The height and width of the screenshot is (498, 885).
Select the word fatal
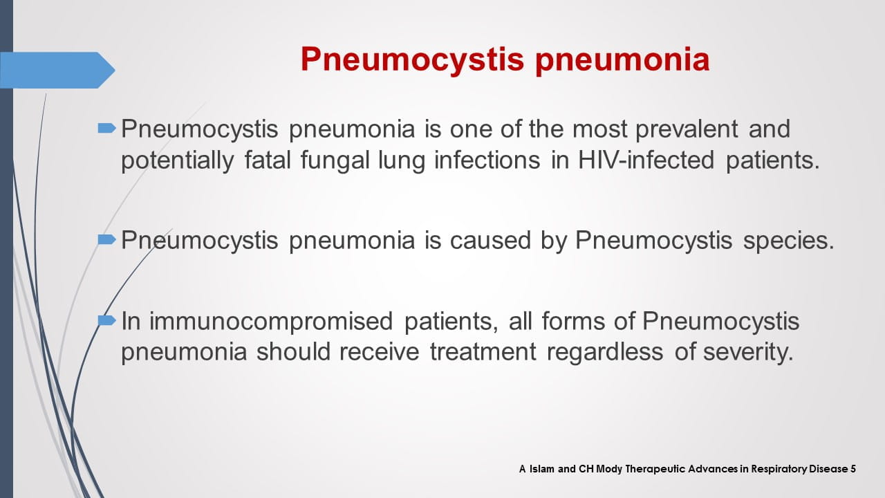coord(266,160)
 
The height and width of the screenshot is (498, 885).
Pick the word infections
coord(487,160)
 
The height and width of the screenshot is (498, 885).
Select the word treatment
coord(482,352)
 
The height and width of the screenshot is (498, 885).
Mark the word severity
coord(747,352)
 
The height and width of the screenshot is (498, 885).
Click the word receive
coord(379,352)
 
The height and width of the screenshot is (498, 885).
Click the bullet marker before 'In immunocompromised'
coord(106,320)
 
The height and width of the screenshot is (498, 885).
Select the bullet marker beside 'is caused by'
coord(106,239)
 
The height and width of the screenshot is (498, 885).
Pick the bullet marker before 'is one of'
coord(106,128)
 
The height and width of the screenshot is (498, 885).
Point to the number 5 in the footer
coord(853,469)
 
